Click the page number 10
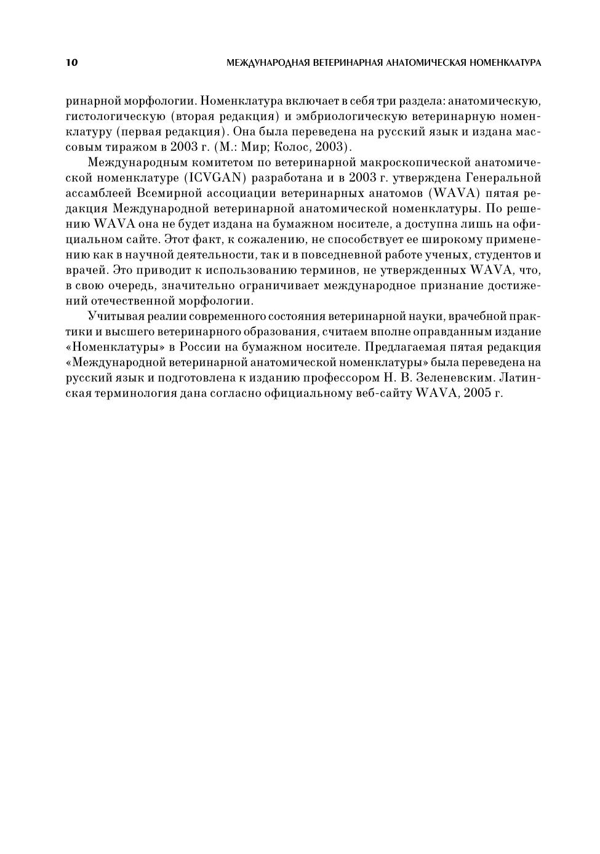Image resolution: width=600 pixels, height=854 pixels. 71,63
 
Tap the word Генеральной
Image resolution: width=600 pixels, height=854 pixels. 503,178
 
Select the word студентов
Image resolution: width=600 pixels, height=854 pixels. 497,255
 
